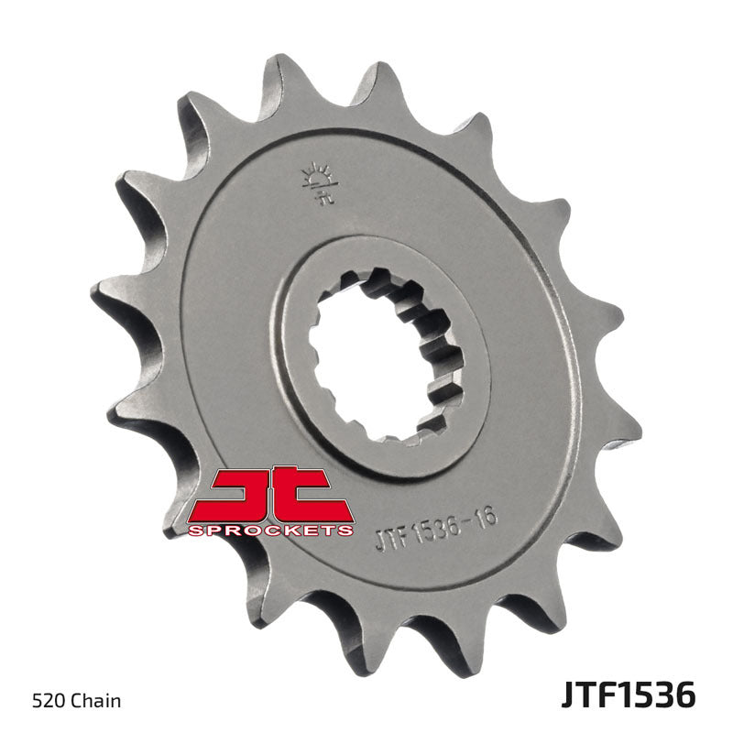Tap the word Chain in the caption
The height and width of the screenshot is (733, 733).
point(97,703)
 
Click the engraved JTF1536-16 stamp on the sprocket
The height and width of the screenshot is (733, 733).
point(436,530)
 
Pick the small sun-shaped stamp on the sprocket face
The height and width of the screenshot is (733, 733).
point(317,181)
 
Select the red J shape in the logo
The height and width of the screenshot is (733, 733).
point(240,495)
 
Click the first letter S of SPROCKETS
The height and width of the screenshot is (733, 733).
point(195,531)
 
